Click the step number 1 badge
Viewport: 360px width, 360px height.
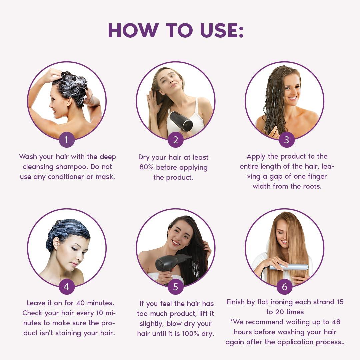67,140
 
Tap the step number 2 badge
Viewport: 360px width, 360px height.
175,140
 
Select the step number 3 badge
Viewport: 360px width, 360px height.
287,140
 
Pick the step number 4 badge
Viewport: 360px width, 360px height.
67,287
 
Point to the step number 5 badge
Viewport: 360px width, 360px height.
175,287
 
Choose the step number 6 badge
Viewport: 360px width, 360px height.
284,287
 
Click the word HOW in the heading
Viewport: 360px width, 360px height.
133,30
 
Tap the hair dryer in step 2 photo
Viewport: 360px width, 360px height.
181,121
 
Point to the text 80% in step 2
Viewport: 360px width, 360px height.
146,167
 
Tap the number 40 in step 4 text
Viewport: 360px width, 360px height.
81,303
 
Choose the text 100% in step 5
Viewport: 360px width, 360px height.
191,333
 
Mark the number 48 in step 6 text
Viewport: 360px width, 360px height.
336,322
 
